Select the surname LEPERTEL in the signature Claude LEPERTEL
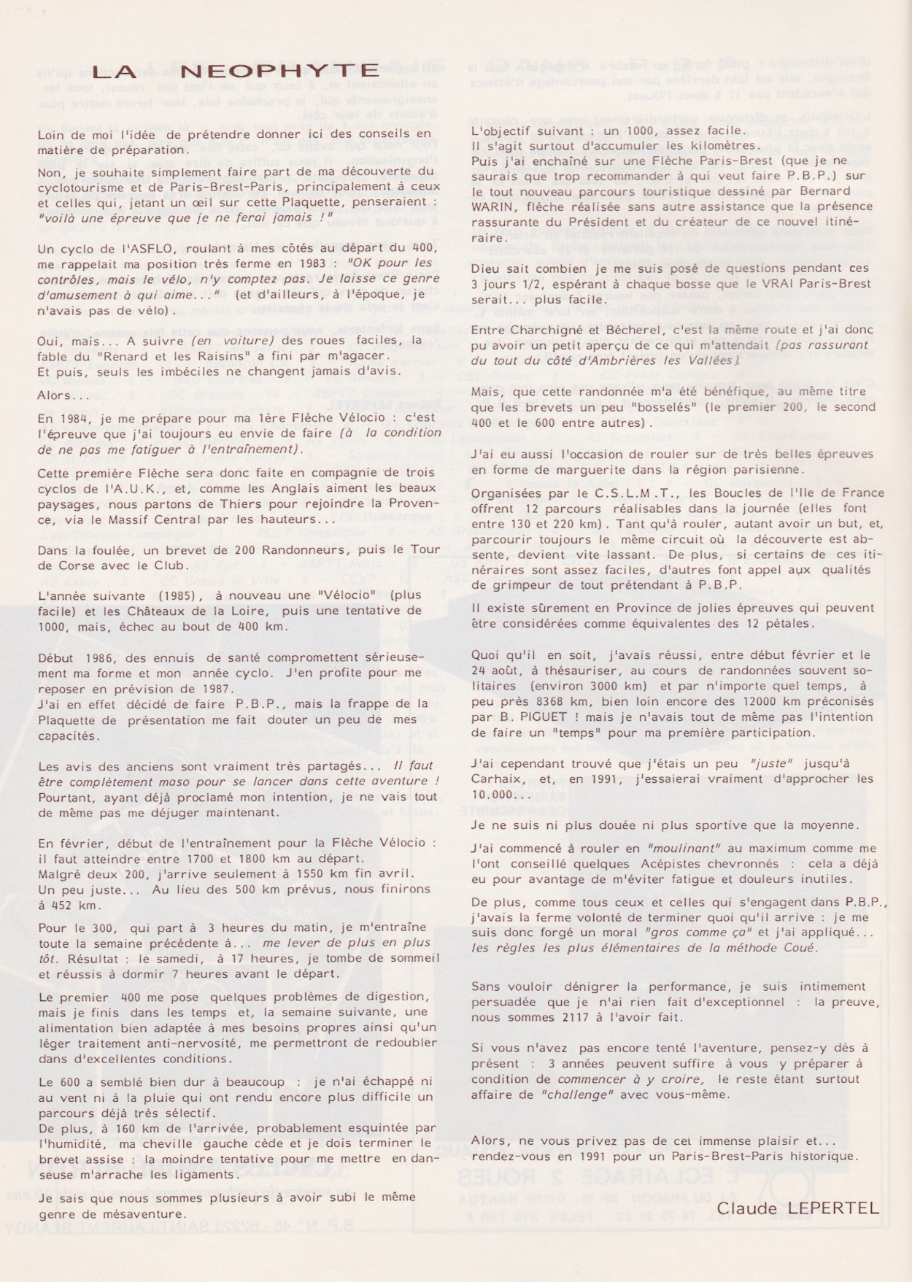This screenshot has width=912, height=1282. (x=835, y=1208)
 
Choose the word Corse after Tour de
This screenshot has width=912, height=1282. (x=75, y=565)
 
